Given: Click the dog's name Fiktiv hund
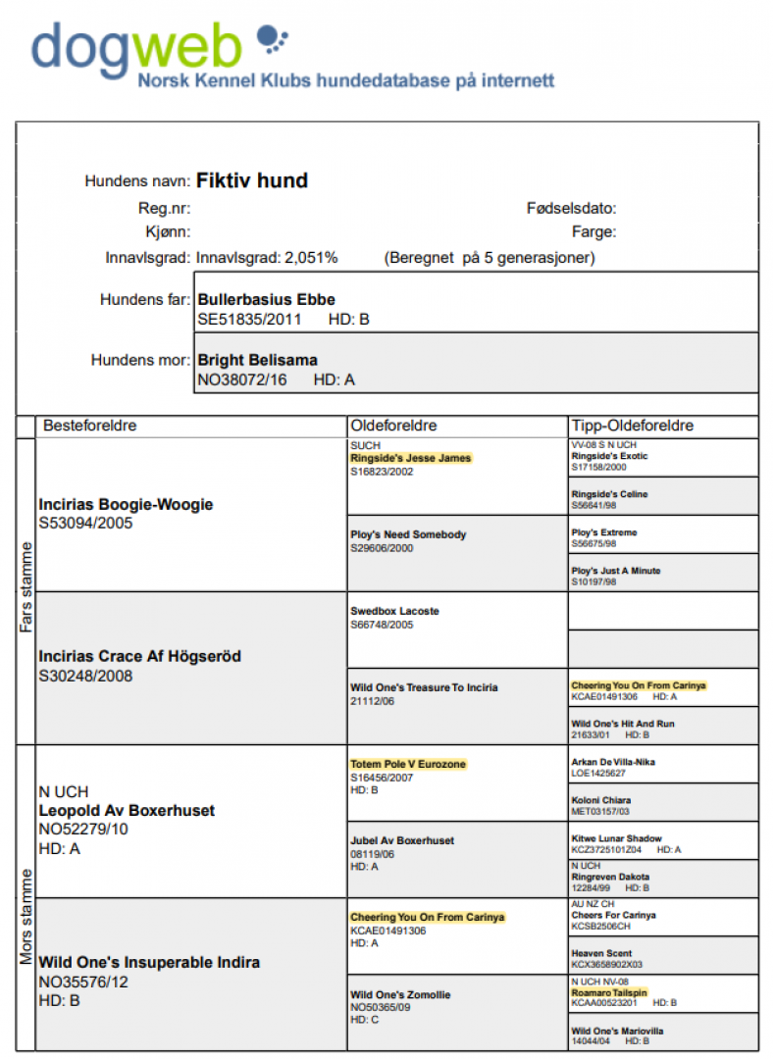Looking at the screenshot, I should click(252, 180).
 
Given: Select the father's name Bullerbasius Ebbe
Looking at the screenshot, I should click(267, 299).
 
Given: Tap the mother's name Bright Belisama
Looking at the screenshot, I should click(258, 360).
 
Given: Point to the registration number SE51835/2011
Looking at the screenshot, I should click(249, 319).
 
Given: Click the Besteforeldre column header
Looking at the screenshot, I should click(89, 426).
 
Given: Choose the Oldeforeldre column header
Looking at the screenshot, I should click(393, 426).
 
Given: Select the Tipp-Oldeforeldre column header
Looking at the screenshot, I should click(633, 426).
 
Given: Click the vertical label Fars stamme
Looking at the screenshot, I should click(26, 589).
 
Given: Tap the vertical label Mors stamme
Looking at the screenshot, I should click(26, 896).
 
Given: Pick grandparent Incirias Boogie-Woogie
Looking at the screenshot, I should click(126, 504).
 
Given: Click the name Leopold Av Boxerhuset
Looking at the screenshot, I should click(127, 811).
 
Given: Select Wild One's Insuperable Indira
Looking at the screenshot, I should click(149, 962).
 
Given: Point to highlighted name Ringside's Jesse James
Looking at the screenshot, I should click(410, 458).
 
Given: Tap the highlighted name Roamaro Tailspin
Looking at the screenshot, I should click(609, 992).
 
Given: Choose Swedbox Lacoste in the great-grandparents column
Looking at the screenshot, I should click(394, 611).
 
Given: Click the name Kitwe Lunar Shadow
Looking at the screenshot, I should click(616, 839).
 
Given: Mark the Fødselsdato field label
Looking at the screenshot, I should click(571, 208).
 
